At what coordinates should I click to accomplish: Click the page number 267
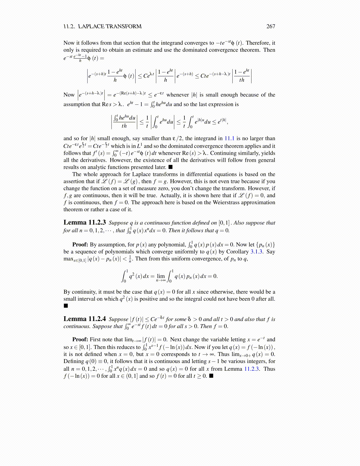271,26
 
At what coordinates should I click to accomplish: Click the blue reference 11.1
229,138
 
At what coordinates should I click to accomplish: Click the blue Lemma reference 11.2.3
252,369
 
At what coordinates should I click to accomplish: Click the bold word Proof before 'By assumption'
80,244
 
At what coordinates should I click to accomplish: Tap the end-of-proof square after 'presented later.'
170,167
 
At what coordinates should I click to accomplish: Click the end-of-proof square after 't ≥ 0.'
211,376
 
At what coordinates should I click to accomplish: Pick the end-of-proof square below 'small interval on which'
66,306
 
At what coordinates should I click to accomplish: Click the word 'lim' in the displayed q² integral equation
161,276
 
